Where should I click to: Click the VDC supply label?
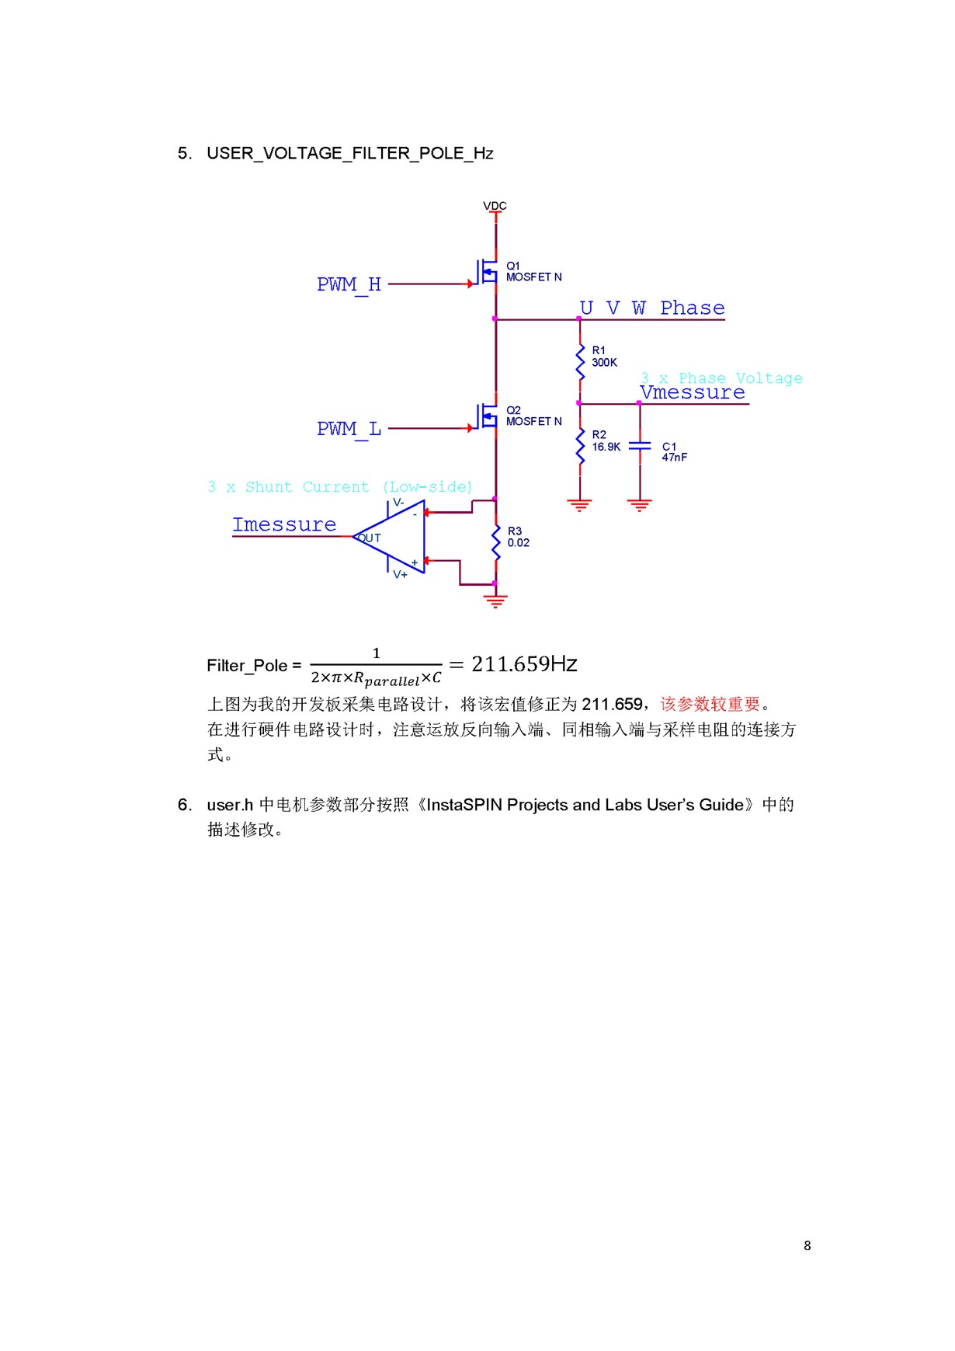pos(495,206)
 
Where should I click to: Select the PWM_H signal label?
pos(349,284)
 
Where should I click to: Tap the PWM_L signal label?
pos(349,429)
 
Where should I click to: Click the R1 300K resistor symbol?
pos(580,361)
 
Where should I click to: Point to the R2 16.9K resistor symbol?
pos(580,446)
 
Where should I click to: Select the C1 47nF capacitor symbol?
pos(640,446)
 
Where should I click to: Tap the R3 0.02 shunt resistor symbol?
pos(495,541)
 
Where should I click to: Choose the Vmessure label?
pos(693,393)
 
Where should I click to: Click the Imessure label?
pos(284,525)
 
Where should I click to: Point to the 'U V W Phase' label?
pos(652,308)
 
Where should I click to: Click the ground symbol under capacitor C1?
pos(640,506)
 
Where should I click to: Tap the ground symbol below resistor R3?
pos(495,600)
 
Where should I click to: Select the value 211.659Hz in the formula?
pos(524,664)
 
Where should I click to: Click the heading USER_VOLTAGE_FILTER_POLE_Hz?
pos(349,153)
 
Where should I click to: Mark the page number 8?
pos(807,1245)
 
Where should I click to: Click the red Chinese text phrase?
pos(710,704)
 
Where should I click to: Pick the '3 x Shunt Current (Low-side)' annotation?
pos(340,487)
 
